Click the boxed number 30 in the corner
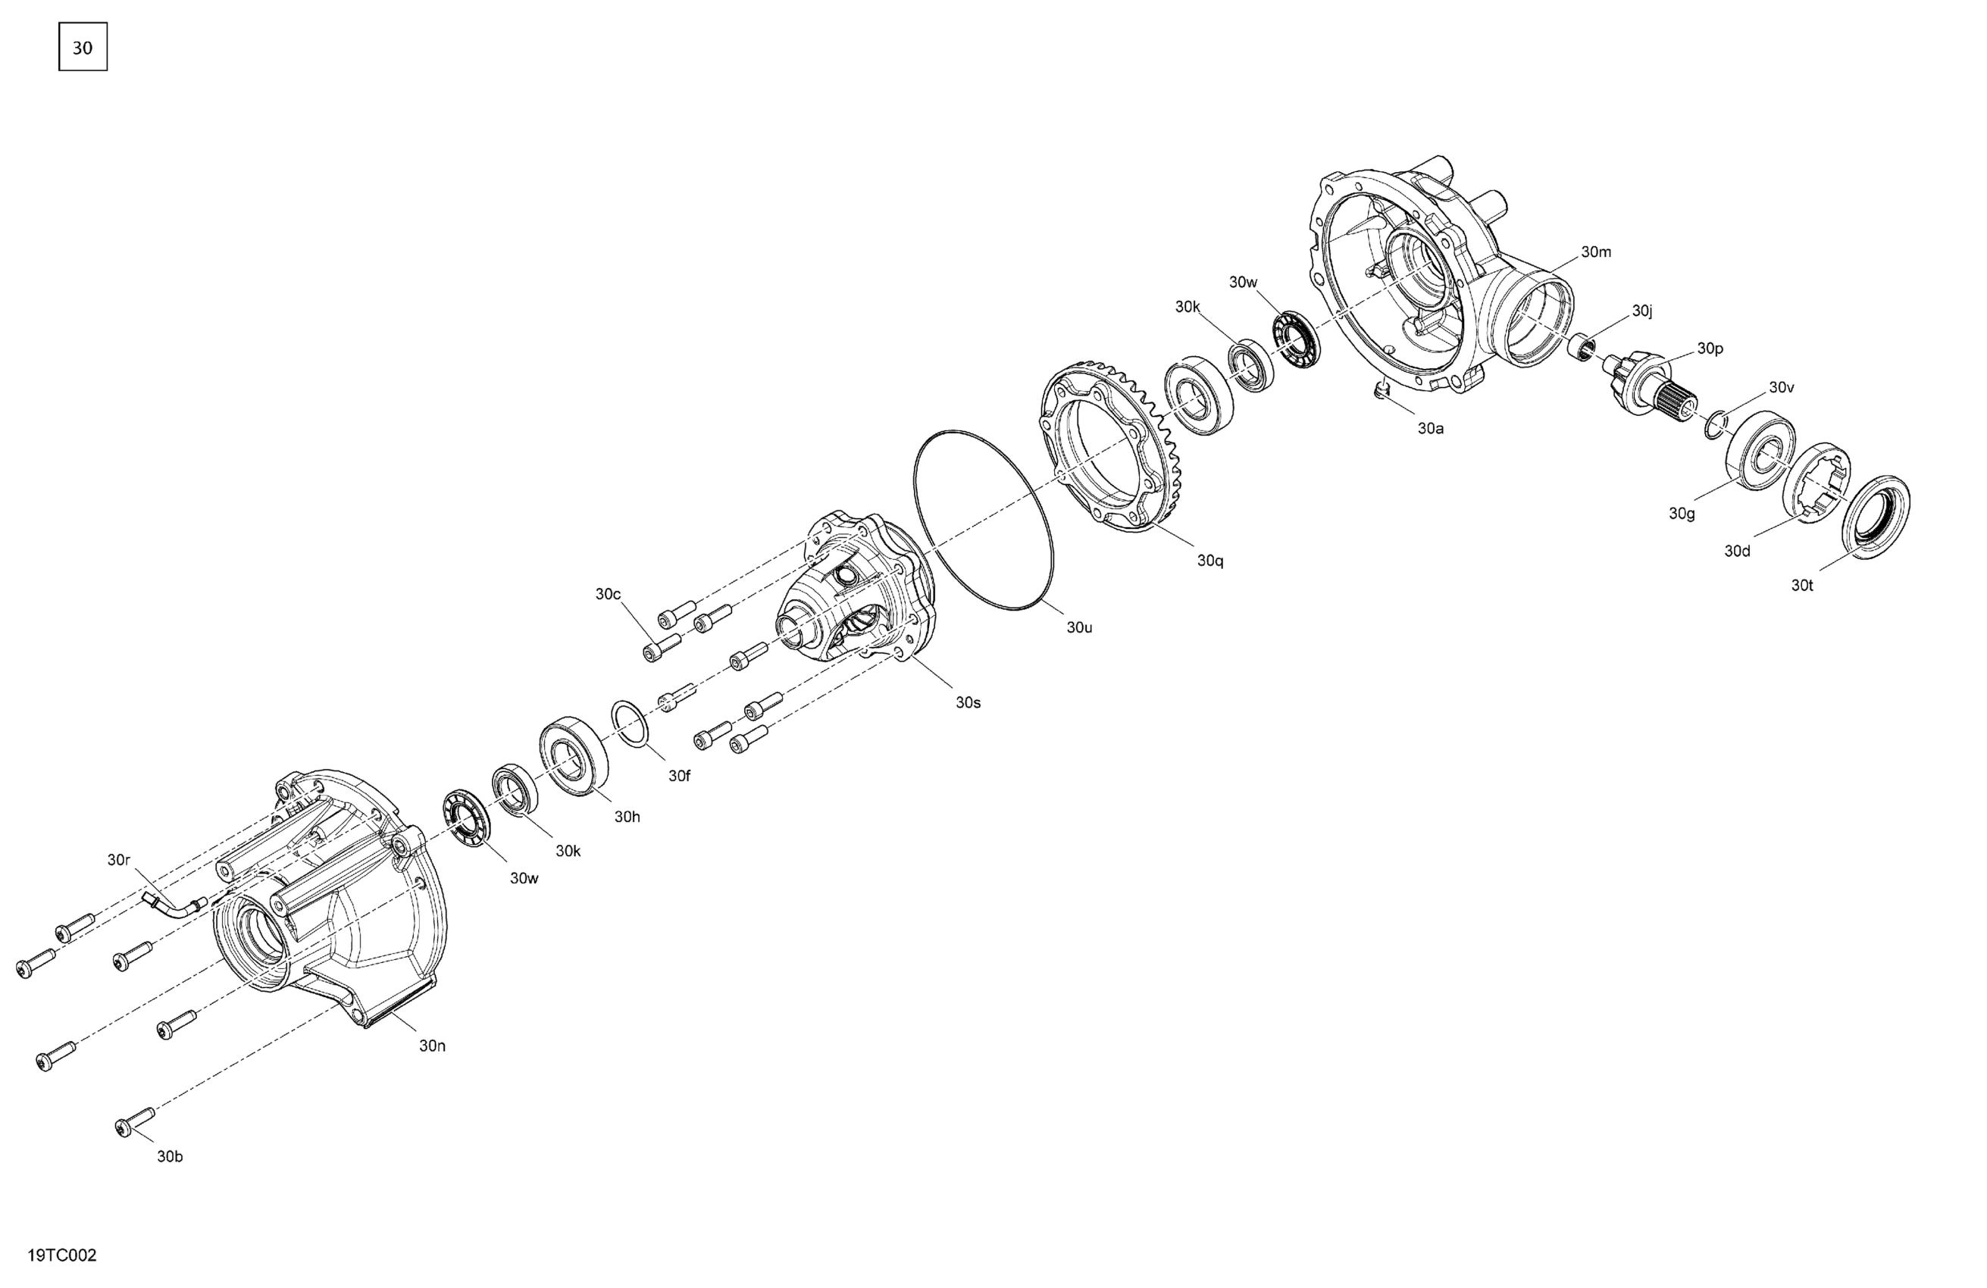[83, 48]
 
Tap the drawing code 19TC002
[63, 1255]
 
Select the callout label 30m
[1596, 252]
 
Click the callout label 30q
[1210, 561]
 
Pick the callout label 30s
[968, 703]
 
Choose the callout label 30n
[433, 1046]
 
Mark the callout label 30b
[171, 1157]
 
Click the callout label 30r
[118, 860]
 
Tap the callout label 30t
[1803, 586]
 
